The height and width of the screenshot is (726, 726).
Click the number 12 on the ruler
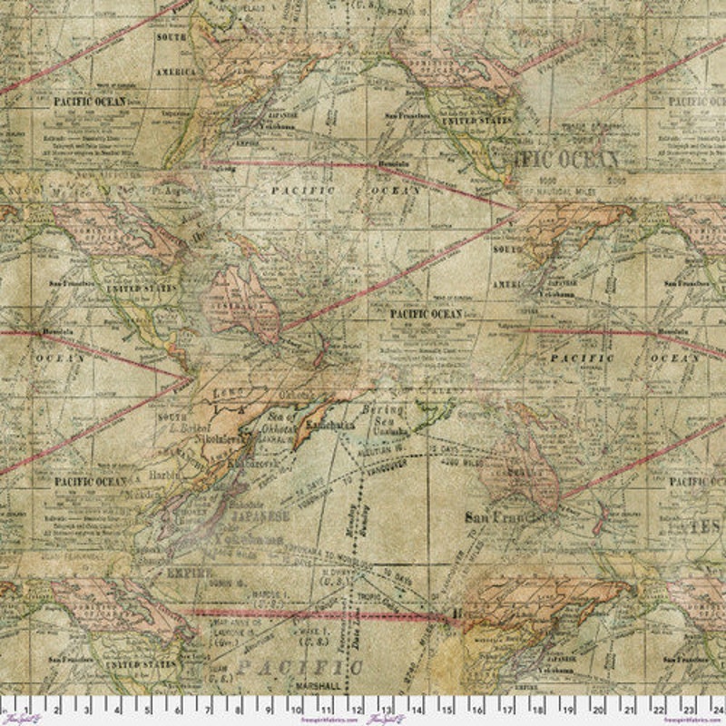(357, 704)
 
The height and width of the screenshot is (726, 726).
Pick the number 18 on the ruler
(536, 704)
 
